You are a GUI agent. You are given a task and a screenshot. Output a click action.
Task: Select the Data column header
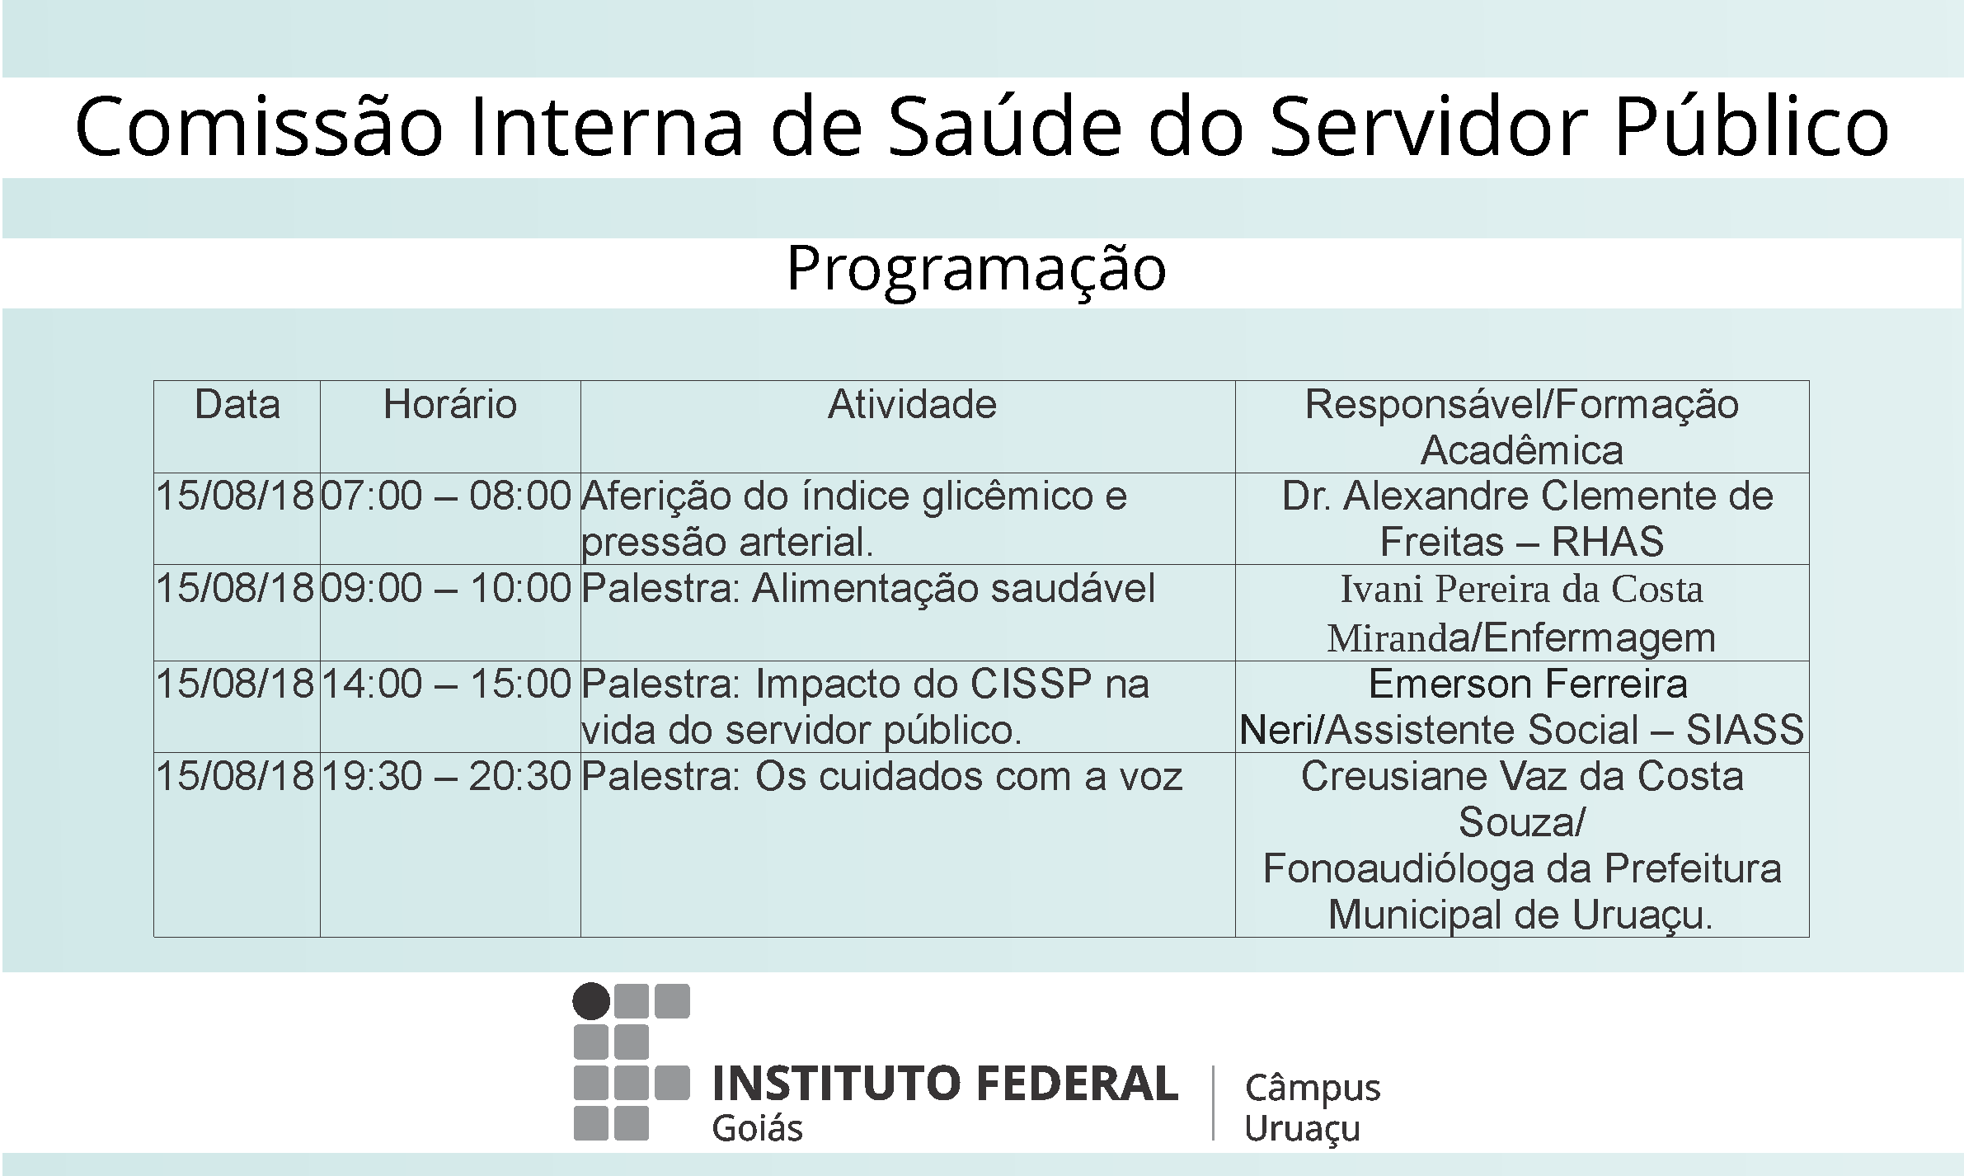pyautogui.click(x=237, y=405)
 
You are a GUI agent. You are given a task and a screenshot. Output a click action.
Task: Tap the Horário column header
pyautogui.click(x=450, y=405)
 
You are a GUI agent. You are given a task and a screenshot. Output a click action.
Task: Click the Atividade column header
pyautogui.click(x=912, y=405)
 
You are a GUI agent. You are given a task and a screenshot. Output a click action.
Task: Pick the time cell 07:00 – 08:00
pyautogui.click(x=446, y=496)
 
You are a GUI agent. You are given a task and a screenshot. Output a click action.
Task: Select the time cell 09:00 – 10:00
pyautogui.click(x=446, y=589)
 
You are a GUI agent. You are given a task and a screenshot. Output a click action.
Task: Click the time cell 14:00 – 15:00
pyautogui.click(x=446, y=684)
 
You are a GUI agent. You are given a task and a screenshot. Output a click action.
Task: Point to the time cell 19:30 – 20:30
pyautogui.click(x=446, y=777)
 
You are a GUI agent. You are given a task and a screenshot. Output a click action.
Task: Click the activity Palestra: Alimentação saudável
pyautogui.click(x=868, y=589)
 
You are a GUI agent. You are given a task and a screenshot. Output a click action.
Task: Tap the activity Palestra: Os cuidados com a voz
pyautogui.click(x=882, y=777)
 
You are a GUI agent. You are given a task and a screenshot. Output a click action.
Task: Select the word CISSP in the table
pyautogui.click(x=1031, y=684)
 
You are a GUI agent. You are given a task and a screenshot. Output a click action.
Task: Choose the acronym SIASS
pyautogui.click(x=1745, y=731)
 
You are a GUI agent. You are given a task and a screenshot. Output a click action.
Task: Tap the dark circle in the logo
pyautogui.click(x=591, y=1001)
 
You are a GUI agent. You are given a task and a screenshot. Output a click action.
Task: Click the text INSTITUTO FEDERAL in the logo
pyautogui.click(x=945, y=1084)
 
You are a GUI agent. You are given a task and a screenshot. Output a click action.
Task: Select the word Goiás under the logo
pyautogui.click(x=757, y=1128)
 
